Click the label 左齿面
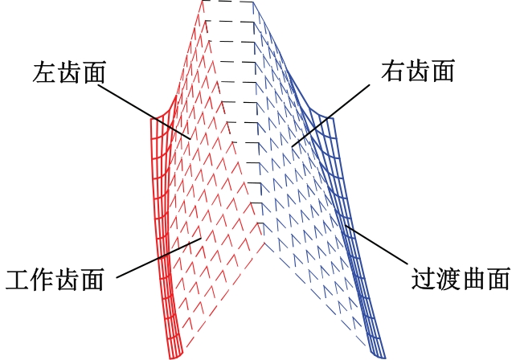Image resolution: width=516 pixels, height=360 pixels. point(71,72)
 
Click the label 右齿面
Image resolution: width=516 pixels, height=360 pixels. point(417,72)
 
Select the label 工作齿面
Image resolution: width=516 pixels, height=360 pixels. point(55,279)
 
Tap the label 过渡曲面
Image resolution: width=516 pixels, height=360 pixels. point(460,279)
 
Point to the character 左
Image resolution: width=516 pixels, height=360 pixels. point(46,72)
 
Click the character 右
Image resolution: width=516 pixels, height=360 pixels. point(392,72)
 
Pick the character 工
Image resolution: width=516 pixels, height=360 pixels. point(18,279)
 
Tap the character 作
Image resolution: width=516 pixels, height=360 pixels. point(43,279)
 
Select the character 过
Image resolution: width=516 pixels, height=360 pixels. point(423,279)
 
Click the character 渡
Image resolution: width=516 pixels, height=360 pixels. point(448,279)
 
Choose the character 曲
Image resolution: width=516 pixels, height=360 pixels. point(473,279)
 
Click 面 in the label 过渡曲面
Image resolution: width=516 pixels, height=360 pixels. point(498,279)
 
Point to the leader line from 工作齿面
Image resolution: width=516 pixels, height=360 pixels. point(158,258)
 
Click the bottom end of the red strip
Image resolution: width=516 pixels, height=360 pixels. point(175,354)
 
